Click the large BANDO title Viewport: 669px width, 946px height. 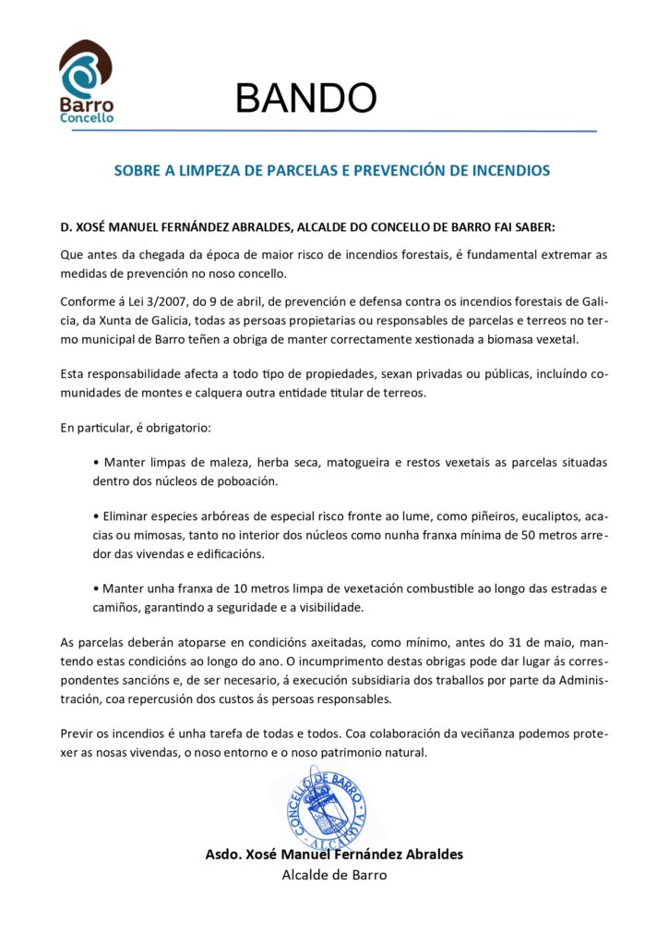305,98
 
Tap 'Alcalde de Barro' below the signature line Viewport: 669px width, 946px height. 334,875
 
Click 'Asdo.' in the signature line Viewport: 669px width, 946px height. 223,855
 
